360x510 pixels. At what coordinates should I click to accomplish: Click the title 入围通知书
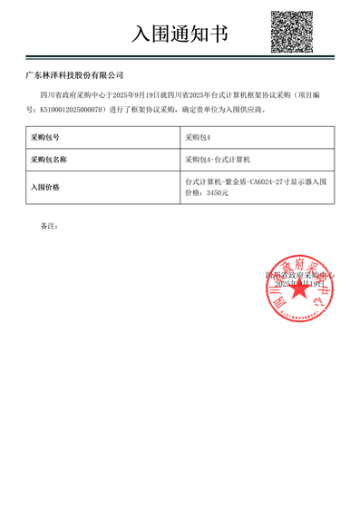click(x=180, y=34)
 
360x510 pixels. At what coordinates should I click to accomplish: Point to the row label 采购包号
click(x=44, y=138)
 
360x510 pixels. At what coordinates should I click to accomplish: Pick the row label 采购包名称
click(x=49, y=160)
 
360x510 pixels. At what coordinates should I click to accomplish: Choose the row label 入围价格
click(x=44, y=187)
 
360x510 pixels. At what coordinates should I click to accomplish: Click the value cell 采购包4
click(x=197, y=138)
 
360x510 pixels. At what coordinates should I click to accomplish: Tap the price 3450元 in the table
click(x=218, y=193)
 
